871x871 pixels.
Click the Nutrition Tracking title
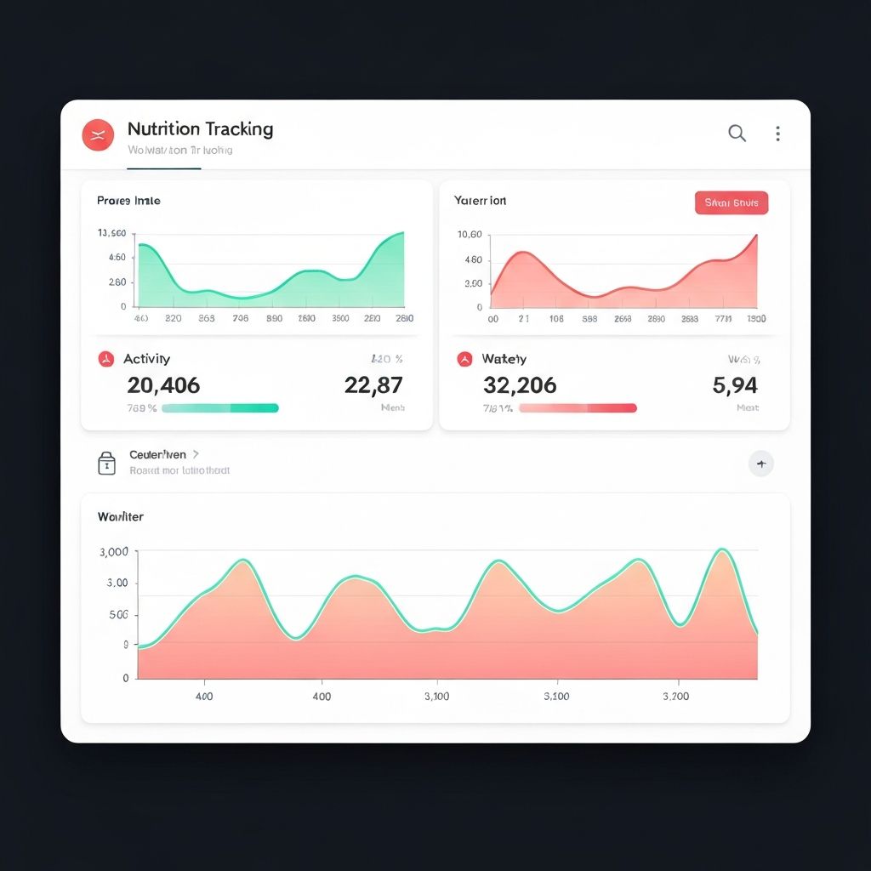click(x=200, y=129)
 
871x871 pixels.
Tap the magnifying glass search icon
click(x=737, y=133)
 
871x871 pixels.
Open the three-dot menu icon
click(x=777, y=133)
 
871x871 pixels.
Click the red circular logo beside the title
click(x=98, y=134)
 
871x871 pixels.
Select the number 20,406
click(x=163, y=385)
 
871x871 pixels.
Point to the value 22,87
click(x=373, y=385)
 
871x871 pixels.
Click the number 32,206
click(x=520, y=385)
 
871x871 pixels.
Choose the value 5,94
click(x=734, y=385)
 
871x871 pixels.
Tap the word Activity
click(x=146, y=359)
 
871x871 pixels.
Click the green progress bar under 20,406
click(x=219, y=408)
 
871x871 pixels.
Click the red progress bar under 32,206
click(x=578, y=408)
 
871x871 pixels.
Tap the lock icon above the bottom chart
click(x=106, y=463)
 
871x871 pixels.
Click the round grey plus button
click(x=760, y=464)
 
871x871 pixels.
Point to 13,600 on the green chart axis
click(x=112, y=233)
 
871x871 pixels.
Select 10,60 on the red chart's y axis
click(x=470, y=235)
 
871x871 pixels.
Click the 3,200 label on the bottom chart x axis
click(x=675, y=696)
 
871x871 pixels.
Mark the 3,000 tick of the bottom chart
click(x=114, y=552)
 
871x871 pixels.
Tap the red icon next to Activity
click(x=105, y=359)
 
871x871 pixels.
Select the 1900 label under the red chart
click(x=755, y=319)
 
